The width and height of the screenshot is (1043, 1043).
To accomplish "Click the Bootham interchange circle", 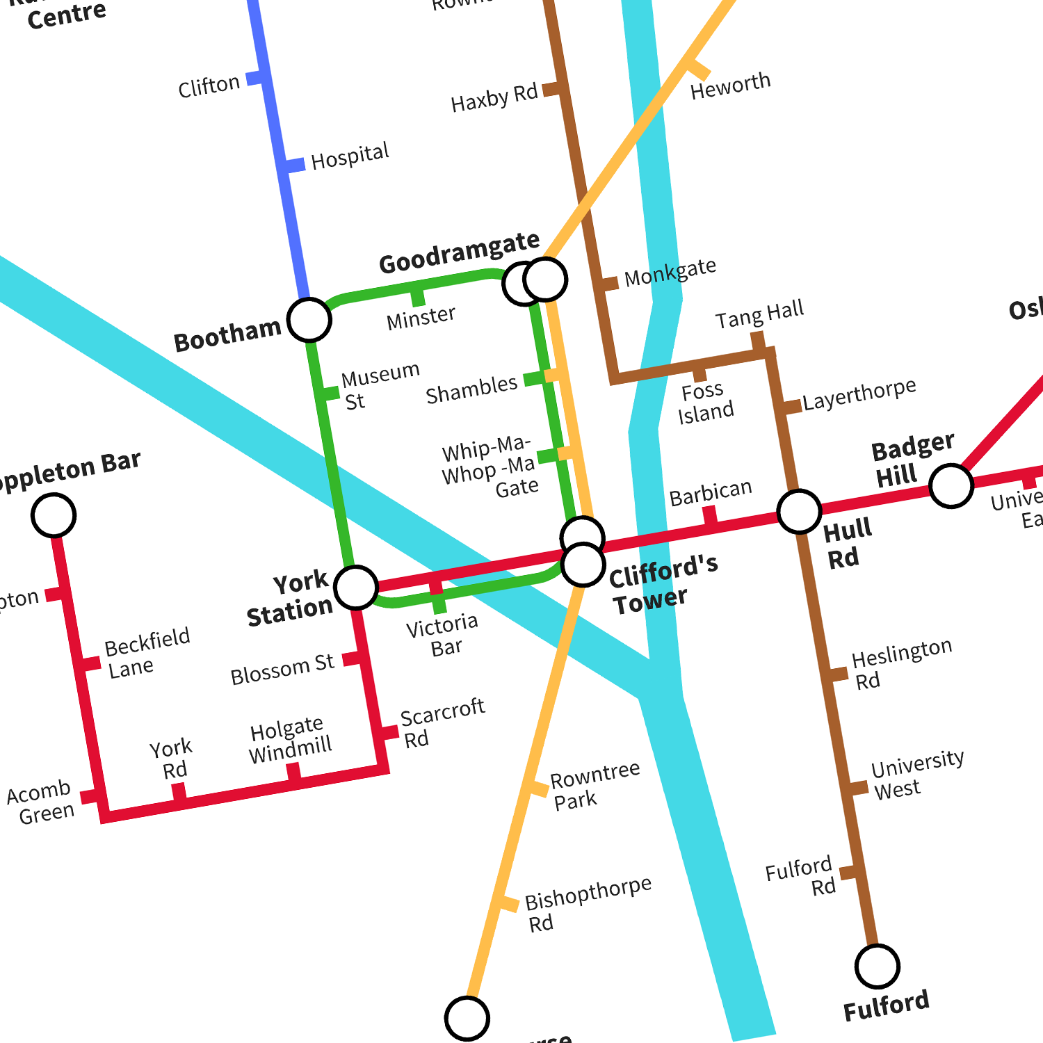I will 309,320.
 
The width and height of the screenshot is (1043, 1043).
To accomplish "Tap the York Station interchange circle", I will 356,587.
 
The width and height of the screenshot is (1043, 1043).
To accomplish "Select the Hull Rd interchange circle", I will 800,512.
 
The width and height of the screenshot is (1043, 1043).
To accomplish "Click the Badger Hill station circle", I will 951,486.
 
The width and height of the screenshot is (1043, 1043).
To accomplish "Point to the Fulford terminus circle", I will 878,967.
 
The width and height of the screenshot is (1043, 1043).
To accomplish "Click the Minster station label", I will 421,318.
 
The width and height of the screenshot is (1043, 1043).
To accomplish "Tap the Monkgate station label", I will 670,272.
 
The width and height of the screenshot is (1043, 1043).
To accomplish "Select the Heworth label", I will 730,86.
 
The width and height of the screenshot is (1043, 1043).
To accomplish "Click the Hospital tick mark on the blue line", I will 294,165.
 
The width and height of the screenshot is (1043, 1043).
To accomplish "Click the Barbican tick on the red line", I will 710,515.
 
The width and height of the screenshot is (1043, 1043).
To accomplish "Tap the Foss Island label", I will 705,402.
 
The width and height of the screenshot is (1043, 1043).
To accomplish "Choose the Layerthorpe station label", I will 859,394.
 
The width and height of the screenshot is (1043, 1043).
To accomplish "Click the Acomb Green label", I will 41,802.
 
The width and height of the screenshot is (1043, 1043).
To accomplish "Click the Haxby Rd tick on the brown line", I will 551,89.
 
